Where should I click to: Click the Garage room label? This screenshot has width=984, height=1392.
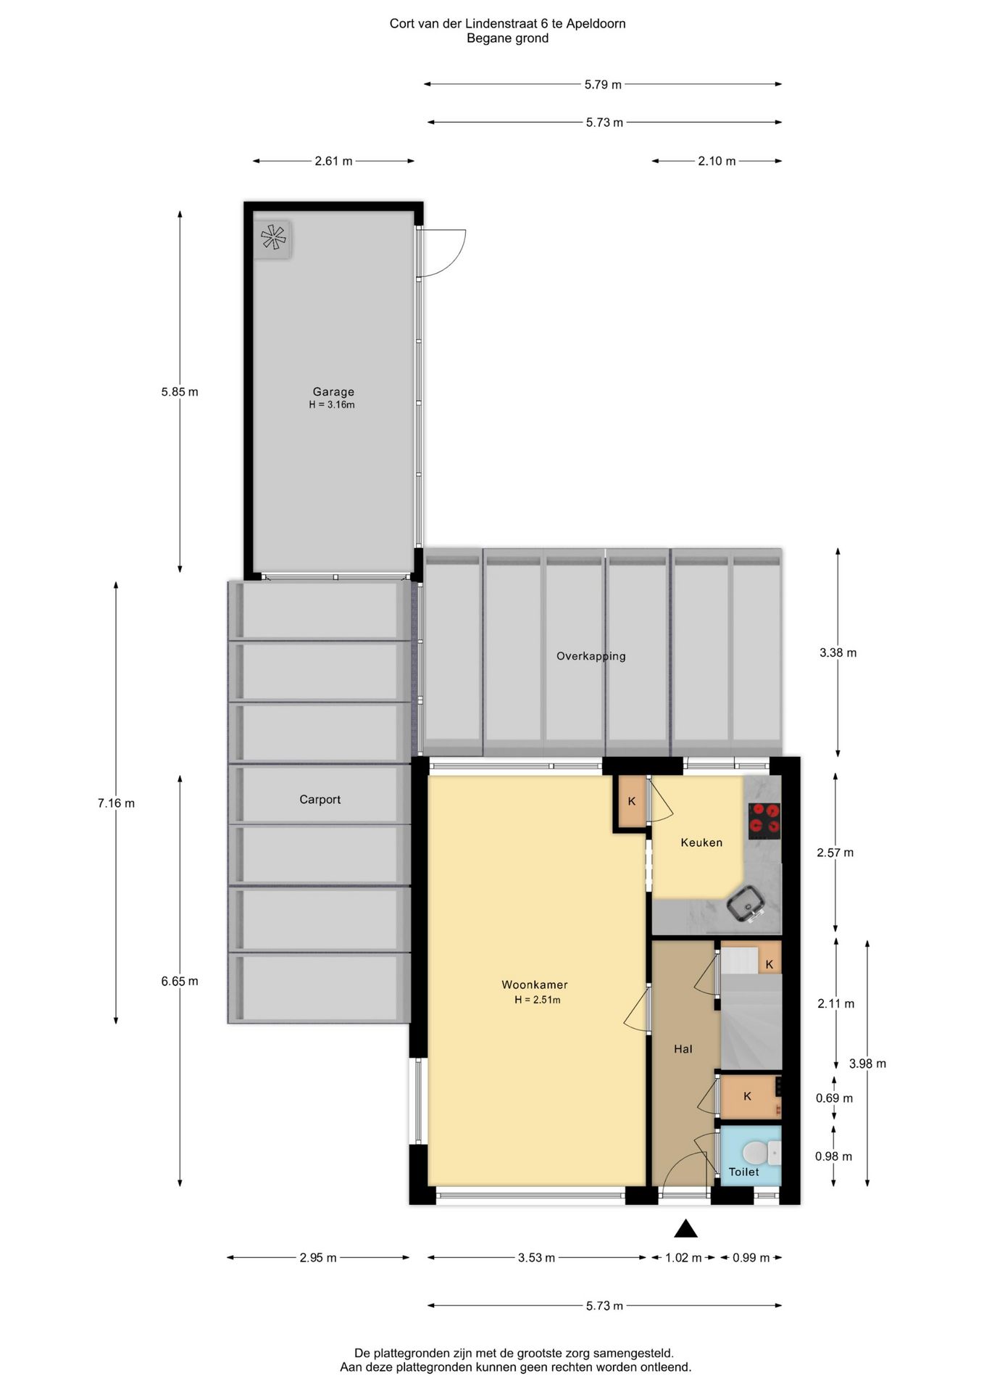point(333,391)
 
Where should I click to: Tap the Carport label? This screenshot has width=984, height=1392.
point(320,799)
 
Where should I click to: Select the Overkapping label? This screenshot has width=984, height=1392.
point(591,656)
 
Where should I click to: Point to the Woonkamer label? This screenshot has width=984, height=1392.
point(535,985)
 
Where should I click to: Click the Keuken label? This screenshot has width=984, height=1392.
point(701,842)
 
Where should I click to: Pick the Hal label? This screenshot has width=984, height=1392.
point(683,1048)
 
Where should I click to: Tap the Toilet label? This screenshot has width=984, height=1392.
point(743,1172)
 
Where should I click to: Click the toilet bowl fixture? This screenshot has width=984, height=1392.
point(756,1152)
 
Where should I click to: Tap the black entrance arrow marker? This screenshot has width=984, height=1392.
point(685,1228)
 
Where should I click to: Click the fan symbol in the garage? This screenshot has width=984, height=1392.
point(273,238)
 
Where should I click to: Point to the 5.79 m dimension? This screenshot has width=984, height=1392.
point(603,85)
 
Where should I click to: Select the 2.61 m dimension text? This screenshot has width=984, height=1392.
point(333,161)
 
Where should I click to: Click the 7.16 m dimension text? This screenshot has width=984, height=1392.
point(116,803)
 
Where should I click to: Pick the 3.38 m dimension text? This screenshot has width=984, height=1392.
point(838,652)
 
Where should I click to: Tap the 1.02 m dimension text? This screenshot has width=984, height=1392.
point(683,1258)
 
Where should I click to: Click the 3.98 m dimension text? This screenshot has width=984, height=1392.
point(867,1064)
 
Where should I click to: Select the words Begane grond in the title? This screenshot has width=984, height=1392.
point(507,38)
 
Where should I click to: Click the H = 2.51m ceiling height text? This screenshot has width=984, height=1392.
point(537,1000)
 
